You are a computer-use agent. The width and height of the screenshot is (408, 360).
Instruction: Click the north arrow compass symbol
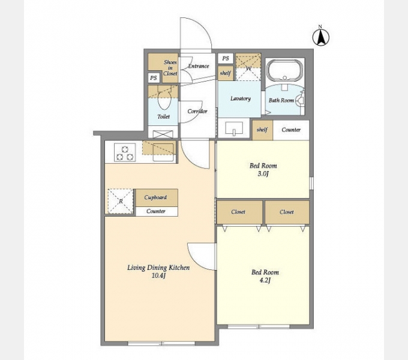pyautogui.click(x=321, y=37)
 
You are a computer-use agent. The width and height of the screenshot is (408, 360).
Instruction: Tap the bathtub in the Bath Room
pyautogui.click(x=284, y=70)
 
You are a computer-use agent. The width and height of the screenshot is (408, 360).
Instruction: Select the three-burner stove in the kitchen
pyautogui.click(x=125, y=152)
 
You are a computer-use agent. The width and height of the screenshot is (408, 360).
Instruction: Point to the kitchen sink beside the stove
pyautogui.click(x=163, y=152)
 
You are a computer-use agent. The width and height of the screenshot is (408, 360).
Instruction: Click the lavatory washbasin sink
pyautogui.click(x=234, y=128)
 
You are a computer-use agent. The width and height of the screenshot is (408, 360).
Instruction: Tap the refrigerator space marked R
pyautogui.click(x=121, y=202)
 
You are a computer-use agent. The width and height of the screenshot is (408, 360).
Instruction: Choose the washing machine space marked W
pyautogui.click(x=248, y=67)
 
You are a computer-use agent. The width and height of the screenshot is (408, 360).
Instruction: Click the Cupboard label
pyautogui.click(x=155, y=197)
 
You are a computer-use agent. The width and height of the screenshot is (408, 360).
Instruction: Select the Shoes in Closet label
pyautogui.click(x=170, y=68)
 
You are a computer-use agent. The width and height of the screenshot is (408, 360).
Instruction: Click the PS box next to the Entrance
pyautogui.click(x=226, y=58)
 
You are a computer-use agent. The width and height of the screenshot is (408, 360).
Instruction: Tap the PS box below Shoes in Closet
pyautogui.click(x=154, y=78)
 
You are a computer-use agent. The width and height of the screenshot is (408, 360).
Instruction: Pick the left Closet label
pyautogui.click(x=238, y=212)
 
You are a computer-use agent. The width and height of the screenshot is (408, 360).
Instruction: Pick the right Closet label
pyautogui.click(x=287, y=212)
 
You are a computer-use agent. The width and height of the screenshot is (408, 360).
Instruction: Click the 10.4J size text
pyautogui.click(x=158, y=276)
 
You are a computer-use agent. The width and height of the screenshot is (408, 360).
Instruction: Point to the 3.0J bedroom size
pyautogui.click(x=263, y=174)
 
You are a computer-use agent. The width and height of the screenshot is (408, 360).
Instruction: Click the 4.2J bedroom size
pyautogui.click(x=265, y=280)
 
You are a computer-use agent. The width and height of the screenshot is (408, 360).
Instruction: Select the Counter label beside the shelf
pyautogui.click(x=291, y=130)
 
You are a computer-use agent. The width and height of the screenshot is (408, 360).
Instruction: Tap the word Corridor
pyautogui.click(x=197, y=112)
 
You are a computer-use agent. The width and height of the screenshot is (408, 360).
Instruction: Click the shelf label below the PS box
pyautogui.click(x=226, y=73)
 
